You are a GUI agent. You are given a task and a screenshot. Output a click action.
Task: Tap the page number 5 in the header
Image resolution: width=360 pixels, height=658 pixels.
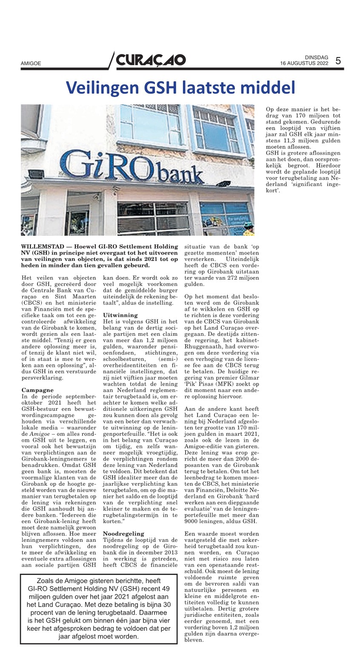(338, 60)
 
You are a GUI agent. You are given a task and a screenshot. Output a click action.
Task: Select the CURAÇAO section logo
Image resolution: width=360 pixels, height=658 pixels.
(151, 60)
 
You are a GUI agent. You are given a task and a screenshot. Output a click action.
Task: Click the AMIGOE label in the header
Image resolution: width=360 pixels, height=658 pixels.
(31, 63)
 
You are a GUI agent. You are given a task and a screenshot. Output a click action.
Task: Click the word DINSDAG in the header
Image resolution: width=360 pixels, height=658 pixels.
(317, 57)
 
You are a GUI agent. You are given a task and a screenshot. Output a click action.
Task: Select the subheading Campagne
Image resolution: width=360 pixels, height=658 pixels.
(37, 390)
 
